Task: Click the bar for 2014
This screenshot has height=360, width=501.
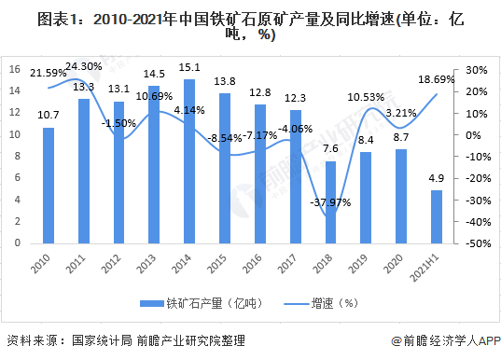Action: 190,160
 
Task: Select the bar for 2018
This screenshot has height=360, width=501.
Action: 330,201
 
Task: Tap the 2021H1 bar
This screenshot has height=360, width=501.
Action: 437,216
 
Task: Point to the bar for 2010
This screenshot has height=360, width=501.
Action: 49,185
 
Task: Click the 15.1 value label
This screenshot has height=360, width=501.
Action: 190,68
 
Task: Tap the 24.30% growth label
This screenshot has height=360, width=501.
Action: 85,66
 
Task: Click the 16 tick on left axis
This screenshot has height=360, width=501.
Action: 15,70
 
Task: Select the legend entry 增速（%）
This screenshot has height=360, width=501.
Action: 331,303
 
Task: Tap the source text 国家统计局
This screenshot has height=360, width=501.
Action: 97,342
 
